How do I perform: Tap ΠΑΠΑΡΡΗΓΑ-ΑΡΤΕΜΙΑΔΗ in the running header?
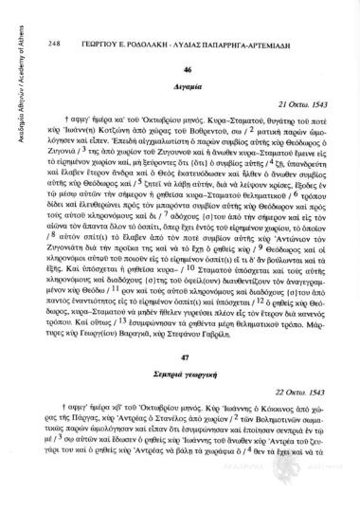pos(262,16)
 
